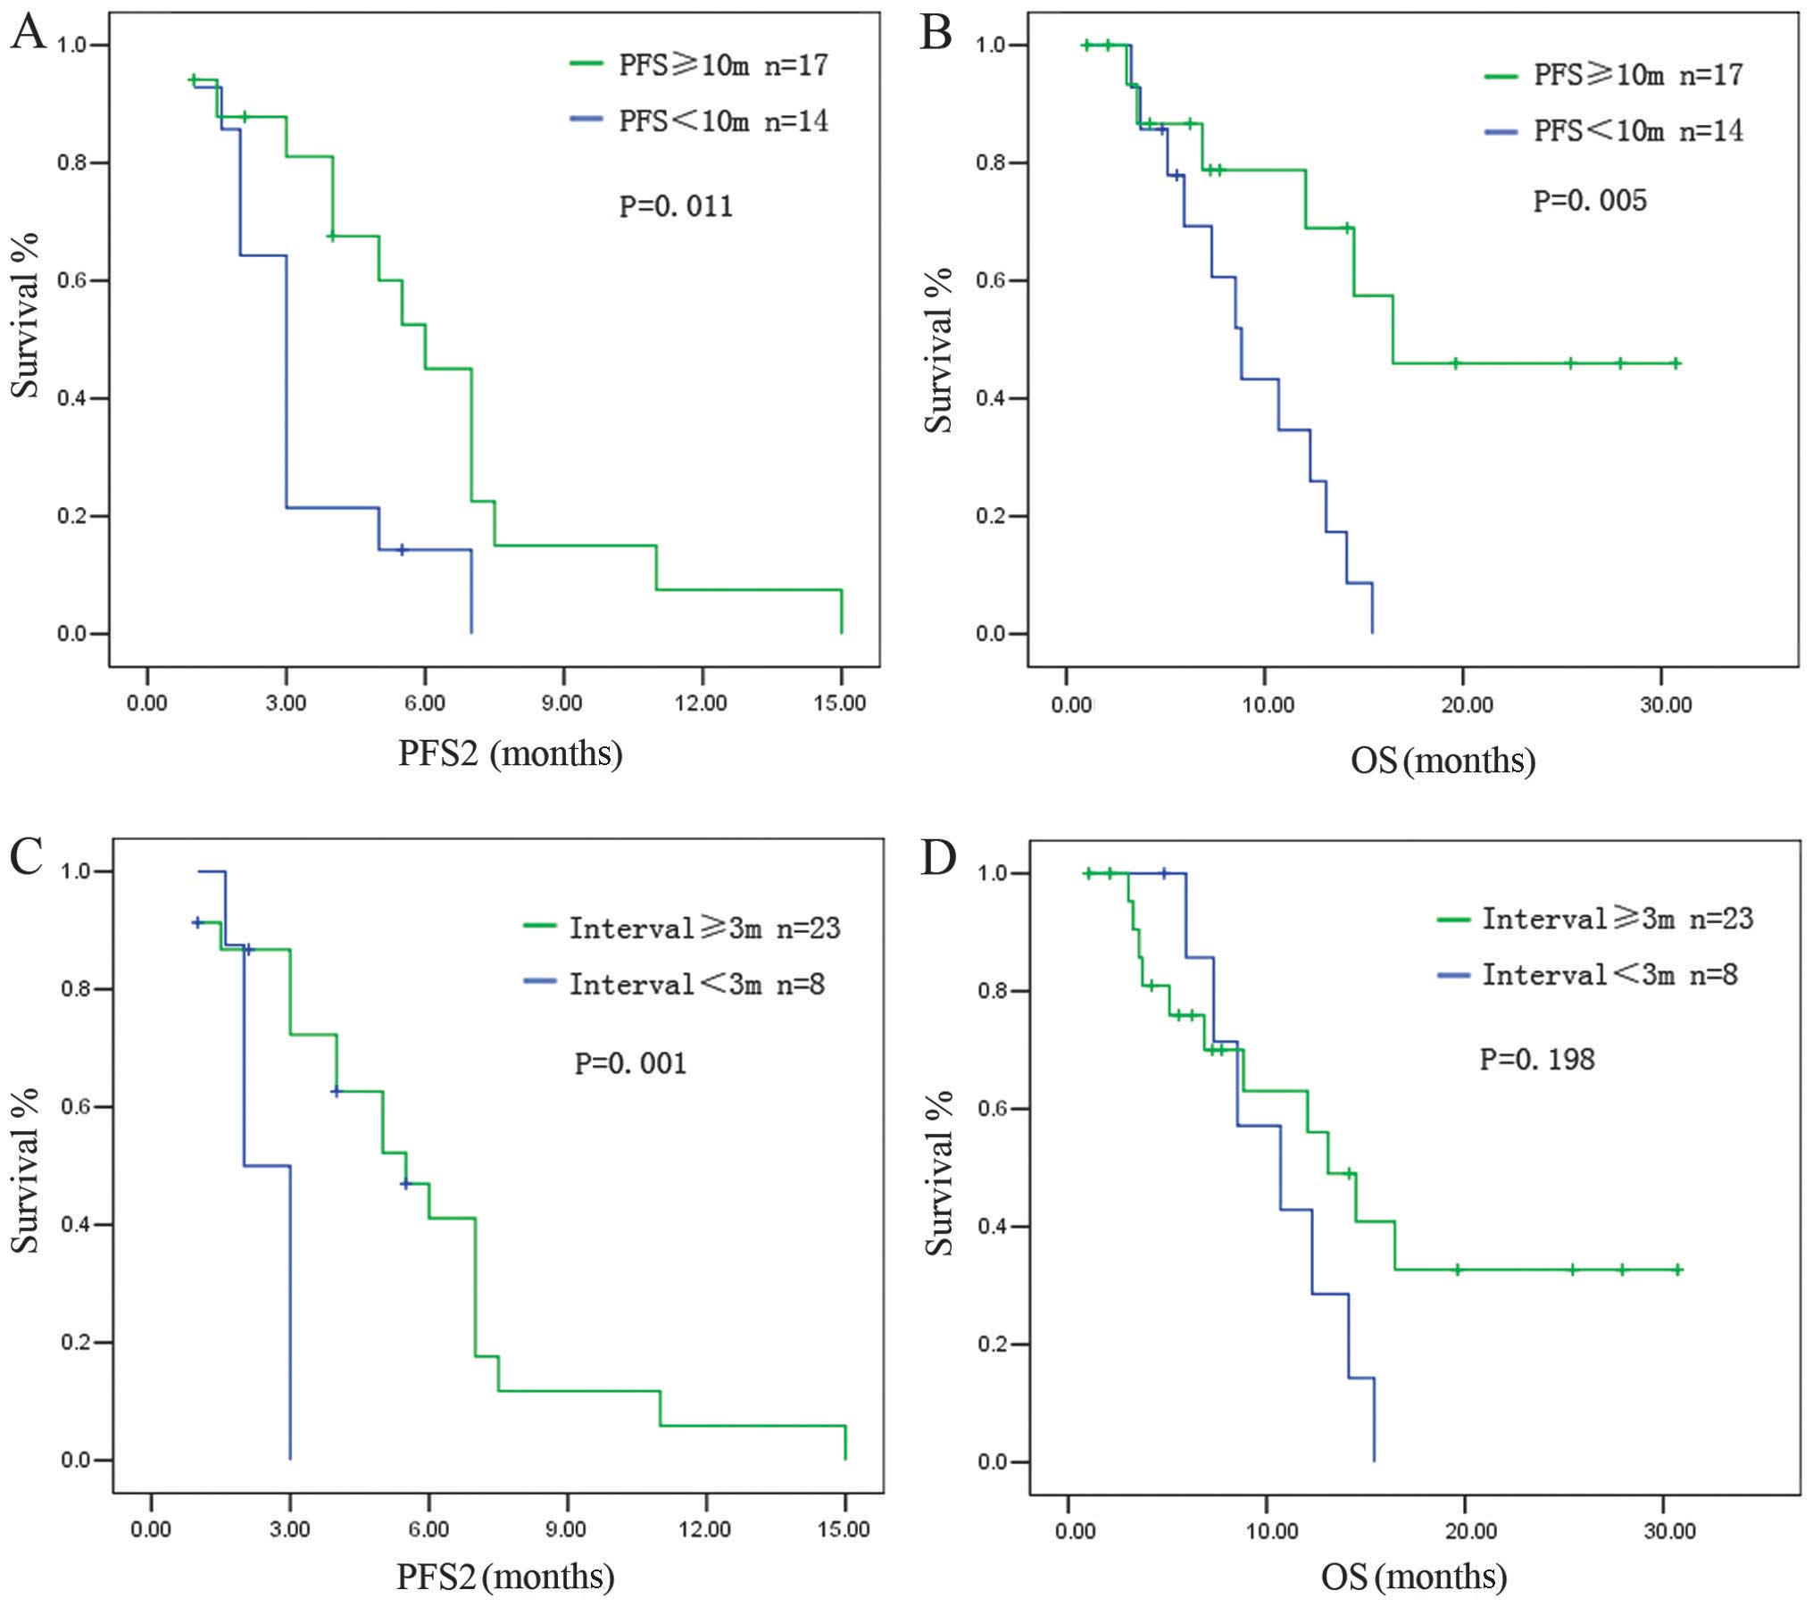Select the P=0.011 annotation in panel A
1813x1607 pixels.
coord(676,207)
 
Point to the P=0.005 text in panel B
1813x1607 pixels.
coord(1590,201)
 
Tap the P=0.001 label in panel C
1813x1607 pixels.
coord(630,1063)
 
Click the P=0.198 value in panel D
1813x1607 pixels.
coord(1537,1059)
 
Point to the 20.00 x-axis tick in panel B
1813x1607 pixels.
coord(1468,705)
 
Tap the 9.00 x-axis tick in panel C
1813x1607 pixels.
coord(566,1529)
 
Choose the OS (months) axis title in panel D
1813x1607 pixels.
coord(1414,1577)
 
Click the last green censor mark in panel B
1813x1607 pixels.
coord(1676,363)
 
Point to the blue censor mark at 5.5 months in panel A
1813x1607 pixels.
coord(402,550)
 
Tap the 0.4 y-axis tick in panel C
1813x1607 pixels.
coord(76,1224)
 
